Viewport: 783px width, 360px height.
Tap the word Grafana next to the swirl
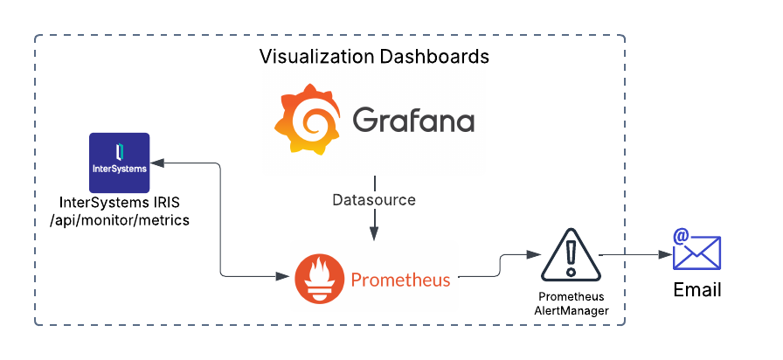(x=413, y=120)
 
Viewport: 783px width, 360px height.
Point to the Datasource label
(x=374, y=200)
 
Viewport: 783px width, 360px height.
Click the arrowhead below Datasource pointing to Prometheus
(x=374, y=232)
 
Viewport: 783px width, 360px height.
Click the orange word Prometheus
(x=400, y=280)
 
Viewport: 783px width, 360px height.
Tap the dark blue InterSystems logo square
(x=120, y=163)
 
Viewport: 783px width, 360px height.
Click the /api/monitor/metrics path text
(x=120, y=220)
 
